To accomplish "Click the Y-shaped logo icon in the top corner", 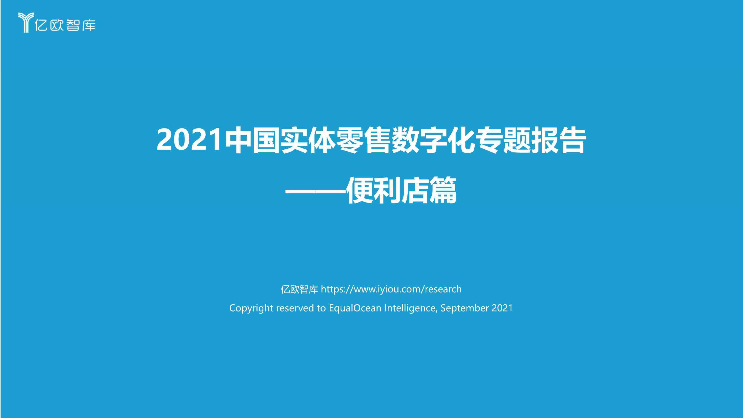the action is [x=26, y=22].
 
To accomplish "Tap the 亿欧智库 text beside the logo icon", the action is [x=65, y=25].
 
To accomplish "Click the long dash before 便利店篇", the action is [x=315, y=191].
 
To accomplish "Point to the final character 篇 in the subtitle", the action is [x=443, y=190].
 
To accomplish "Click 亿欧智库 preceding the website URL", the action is [x=299, y=289].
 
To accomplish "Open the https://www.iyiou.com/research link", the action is [x=391, y=289].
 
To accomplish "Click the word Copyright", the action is [x=251, y=308].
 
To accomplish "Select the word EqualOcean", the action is [x=355, y=308].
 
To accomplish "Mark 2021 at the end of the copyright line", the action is [x=502, y=308].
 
